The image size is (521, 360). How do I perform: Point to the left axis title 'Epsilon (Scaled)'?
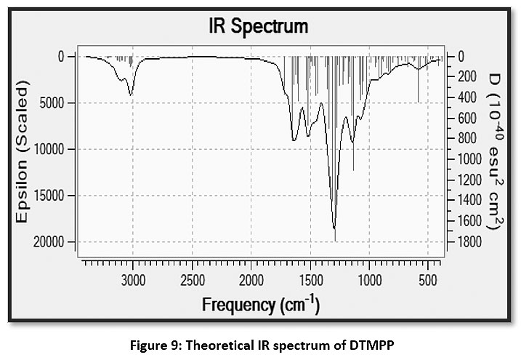pos(24,152)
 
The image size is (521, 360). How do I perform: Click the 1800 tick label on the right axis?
pos(464,241)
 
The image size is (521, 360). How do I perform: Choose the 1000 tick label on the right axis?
pos(464,159)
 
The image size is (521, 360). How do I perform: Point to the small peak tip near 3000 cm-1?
pos(131,95)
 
